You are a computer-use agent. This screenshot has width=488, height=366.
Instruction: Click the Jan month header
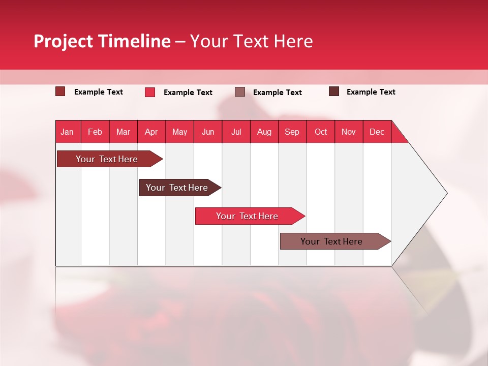point(67,132)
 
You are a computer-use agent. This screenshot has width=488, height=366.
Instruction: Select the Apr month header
point(151,132)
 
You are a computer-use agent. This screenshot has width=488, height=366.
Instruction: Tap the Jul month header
point(236,132)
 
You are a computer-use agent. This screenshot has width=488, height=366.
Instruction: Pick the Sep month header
point(292,132)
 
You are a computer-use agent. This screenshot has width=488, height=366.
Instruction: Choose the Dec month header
point(377,132)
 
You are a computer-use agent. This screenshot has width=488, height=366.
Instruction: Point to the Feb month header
point(95,132)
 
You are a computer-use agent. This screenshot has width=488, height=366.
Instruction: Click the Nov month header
point(348,132)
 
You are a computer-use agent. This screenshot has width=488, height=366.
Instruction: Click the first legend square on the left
point(60,91)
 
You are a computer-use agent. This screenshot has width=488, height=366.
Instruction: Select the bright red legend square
point(150,92)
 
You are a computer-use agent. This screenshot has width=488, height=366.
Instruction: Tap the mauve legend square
point(240,92)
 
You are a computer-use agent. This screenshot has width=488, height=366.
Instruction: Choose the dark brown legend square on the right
point(333,91)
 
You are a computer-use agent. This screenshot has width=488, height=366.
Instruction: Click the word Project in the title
point(64,41)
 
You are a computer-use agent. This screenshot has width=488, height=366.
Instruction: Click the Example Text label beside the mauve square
point(277,93)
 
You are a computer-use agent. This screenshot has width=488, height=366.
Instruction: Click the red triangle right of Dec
point(398,136)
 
